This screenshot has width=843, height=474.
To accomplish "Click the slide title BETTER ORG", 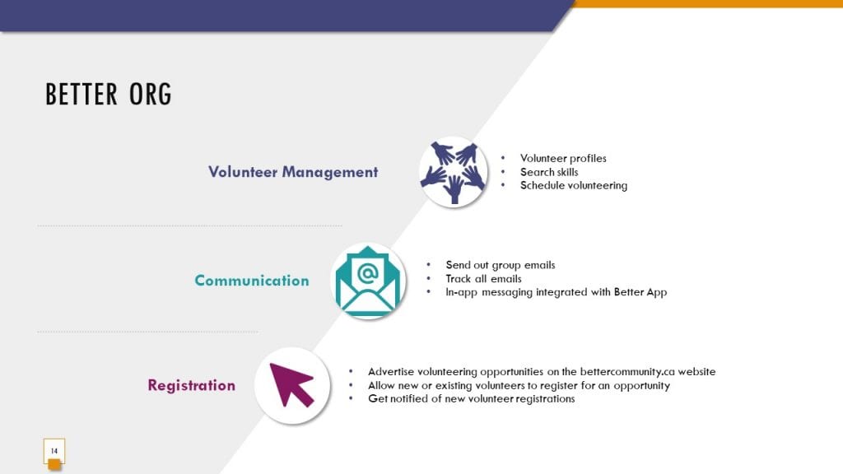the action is pos(109,94).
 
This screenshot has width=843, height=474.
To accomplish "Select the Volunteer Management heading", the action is pos(293,172).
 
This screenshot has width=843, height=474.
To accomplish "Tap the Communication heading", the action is pos(252,280).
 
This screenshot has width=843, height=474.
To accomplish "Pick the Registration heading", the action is pos(191,385).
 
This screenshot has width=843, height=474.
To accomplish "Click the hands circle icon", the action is pos(454,172).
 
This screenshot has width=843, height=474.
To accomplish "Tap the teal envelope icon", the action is pos(368,281).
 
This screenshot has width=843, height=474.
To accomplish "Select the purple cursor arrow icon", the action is pos(292,385).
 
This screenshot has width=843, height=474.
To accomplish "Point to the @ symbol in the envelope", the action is pos(368,273).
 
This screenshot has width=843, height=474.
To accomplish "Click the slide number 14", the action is pos(54,451).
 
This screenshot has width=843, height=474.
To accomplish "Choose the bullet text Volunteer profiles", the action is pos(563,159).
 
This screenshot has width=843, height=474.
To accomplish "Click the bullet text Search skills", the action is pos(549,172).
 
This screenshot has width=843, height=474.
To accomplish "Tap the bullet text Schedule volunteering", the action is pos(574,185).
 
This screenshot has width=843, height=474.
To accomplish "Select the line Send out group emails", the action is pos(500,265).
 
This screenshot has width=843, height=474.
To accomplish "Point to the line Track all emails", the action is pos(483,278).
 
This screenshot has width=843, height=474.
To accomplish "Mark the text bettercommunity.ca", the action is pos(627,371).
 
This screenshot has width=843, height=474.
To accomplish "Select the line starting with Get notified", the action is pos(472,399).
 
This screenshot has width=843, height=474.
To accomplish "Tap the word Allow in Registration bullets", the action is pos(381,385).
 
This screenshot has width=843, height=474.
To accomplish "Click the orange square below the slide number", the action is pos(54,465).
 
